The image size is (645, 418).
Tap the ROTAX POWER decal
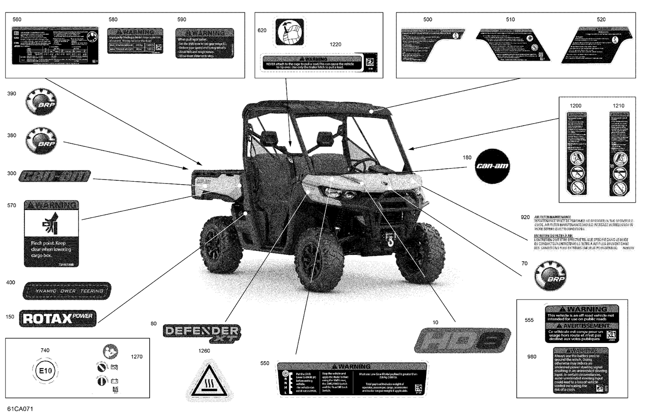[x=58, y=319]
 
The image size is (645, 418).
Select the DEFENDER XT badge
[x=202, y=333]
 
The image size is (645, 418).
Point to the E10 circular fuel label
[x=45, y=371]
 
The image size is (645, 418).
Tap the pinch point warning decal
[x=52, y=233]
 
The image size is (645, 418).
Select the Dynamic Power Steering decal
[x=67, y=291]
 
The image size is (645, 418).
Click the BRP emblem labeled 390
[x=41, y=102]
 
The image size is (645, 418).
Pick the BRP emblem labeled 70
[x=550, y=276]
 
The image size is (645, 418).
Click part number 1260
[x=204, y=351]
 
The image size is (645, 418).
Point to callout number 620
[x=262, y=30]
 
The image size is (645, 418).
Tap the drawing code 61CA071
[x=20, y=409]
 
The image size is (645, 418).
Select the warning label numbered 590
[x=205, y=43]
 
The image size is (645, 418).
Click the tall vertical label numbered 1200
[x=577, y=154]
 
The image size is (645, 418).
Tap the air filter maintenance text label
[x=584, y=233]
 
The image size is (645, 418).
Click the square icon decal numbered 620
[x=289, y=32]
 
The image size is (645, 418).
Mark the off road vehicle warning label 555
[x=581, y=324]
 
